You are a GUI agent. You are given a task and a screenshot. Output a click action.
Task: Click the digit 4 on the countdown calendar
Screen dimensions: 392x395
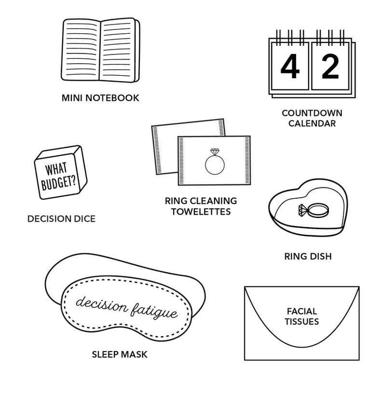coord(290,67)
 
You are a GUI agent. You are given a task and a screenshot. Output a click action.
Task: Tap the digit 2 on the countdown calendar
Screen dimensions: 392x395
coord(330,67)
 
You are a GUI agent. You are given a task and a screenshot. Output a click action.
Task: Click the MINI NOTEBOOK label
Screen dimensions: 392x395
coord(101,98)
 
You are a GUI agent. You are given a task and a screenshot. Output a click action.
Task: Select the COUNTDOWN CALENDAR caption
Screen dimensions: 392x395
coord(312,118)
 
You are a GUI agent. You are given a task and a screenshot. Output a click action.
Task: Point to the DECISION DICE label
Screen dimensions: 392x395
coord(62,218)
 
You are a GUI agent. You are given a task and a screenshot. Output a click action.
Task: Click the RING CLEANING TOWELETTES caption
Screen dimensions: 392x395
coord(201,206)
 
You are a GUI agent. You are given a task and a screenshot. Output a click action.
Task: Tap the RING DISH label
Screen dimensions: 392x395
coord(308,257)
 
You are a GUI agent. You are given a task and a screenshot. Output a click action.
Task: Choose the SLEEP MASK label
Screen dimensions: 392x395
coord(120,355)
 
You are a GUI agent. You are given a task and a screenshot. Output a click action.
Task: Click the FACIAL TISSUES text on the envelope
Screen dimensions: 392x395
coord(302,317)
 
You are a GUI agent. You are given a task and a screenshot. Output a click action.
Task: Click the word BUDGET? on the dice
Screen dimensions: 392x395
coord(59,181)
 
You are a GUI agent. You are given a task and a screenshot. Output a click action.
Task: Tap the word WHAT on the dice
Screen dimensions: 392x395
coord(56,169)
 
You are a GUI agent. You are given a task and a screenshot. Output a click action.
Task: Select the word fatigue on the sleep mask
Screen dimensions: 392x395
coord(154,312)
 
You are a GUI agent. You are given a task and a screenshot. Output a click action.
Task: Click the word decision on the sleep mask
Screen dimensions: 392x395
coord(101,303)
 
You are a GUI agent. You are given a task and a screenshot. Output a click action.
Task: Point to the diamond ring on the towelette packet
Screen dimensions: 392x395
coord(215,161)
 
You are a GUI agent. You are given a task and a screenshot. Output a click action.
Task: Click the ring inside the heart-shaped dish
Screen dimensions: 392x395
coord(314,210)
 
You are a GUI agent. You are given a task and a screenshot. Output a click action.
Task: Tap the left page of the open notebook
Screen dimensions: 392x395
coord(81,50)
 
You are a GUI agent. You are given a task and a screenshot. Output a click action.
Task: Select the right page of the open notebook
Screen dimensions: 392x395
coord(118,50)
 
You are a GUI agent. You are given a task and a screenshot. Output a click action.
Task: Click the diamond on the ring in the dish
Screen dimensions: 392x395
coord(303,210)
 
